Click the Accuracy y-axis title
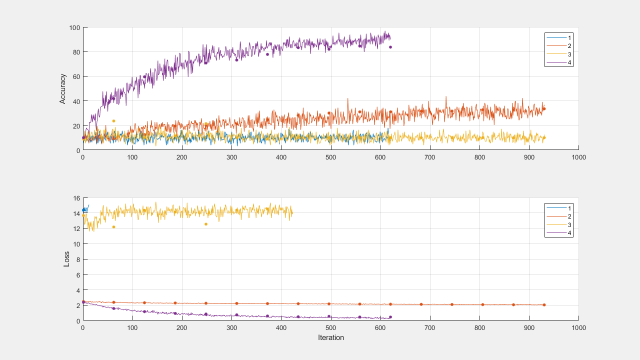[x=62, y=88]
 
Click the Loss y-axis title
[x=66, y=259]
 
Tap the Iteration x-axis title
[x=330, y=337]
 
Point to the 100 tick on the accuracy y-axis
[x=74, y=27]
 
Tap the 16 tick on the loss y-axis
[x=76, y=198]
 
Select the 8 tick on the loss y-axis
[x=78, y=259]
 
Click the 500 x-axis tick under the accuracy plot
[x=330, y=157]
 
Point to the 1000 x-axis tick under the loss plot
[x=578, y=327]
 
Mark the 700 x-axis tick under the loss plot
[x=430, y=327]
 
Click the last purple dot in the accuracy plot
[x=390, y=47]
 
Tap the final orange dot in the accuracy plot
[x=544, y=109]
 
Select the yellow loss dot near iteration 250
[x=205, y=224]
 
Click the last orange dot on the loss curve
[x=544, y=304]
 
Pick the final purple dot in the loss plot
[x=390, y=317]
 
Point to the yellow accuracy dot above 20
[x=113, y=121]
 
